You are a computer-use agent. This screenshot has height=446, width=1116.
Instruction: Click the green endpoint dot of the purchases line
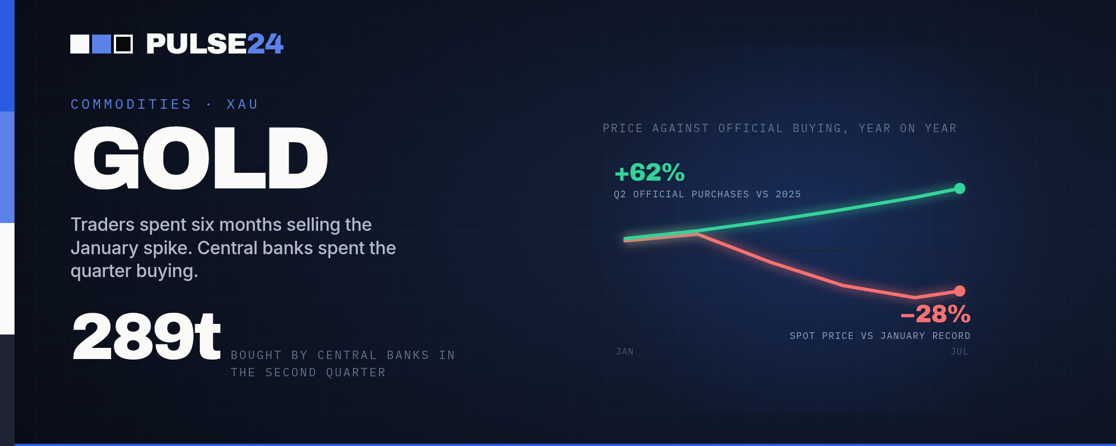coord(960,188)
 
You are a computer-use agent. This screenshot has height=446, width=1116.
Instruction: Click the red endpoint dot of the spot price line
coord(960,291)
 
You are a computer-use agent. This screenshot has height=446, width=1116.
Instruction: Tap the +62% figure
coord(650,173)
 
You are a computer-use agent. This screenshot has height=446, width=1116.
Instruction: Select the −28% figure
coord(936,314)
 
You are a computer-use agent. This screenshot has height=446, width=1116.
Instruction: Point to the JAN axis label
coord(625,352)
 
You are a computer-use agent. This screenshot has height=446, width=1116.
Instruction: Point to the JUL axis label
coord(960,352)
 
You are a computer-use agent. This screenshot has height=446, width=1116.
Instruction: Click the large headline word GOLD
coord(200,158)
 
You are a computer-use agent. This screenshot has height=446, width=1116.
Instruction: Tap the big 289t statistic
coord(147,337)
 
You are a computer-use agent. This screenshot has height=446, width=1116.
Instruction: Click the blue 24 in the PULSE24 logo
coord(265,44)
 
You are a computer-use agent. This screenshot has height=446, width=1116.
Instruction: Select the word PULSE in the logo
coord(196,44)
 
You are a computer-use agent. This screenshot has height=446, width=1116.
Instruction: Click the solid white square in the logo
coord(80,44)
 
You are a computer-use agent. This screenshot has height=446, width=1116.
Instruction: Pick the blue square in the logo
coord(102,44)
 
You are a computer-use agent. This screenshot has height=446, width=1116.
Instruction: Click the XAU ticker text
coord(242,105)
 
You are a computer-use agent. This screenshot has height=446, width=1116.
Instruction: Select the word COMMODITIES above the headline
coord(131,105)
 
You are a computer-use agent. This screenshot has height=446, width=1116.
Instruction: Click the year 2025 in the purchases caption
coord(788,195)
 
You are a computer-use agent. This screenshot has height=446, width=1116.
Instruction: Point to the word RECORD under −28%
coord(951,336)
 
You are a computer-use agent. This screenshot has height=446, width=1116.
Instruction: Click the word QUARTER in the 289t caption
coord(356,372)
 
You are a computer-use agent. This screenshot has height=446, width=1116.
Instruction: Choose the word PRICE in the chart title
coord(623,129)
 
